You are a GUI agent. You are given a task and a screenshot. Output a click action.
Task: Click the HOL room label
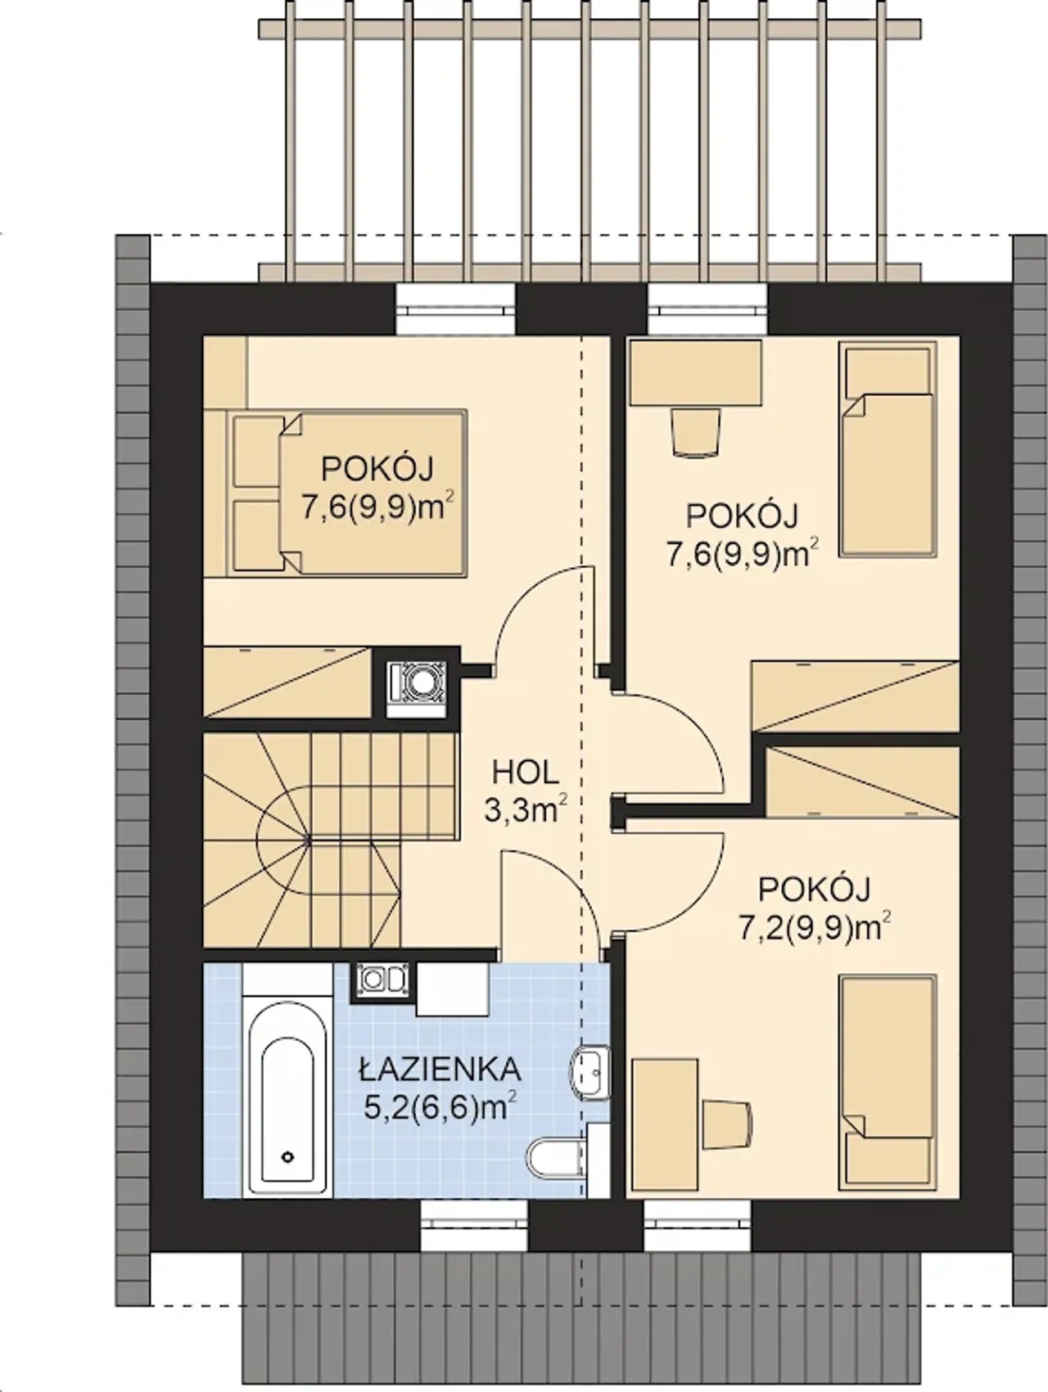click(x=525, y=772)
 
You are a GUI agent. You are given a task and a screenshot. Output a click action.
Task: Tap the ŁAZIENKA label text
click(x=440, y=1069)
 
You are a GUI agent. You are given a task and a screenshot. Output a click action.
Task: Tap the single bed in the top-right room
click(x=888, y=449)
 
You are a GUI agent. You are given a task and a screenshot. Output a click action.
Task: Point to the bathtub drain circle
click(x=287, y=1156)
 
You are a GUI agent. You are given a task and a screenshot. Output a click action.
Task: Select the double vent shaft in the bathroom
click(x=383, y=981)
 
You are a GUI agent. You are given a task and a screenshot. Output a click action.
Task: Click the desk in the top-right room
click(x=695, y=373)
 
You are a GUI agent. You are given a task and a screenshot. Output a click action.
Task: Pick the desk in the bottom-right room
click(x=665, y=1125)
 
